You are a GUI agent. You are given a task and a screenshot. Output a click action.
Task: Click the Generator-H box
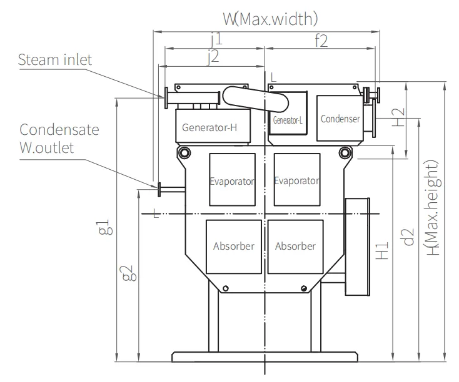click(x=213, y=126)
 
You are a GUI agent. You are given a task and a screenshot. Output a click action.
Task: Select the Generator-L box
click(x=288, y=113)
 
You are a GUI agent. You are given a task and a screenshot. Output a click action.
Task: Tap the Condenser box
click(x=340, y=118)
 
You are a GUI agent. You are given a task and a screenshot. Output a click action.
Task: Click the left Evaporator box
click(x=232, y=180)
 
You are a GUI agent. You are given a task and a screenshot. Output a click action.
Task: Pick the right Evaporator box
click(x=297, y=180)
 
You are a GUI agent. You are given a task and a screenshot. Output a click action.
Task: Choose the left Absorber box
click(x=234, y=247)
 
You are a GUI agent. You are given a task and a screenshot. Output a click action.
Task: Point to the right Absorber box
click(x=295, y=247)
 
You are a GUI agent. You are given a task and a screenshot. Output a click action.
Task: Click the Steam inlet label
click(x=55, y=60)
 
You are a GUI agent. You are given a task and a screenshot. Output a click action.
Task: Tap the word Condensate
click(x=59, y=129)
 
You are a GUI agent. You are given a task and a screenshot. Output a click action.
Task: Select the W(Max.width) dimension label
click(x=270, y=19)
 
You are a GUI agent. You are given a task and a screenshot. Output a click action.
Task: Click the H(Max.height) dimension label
click(x=433, y=207)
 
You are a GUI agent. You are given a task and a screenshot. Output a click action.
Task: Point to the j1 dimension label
click(x=217, y=39)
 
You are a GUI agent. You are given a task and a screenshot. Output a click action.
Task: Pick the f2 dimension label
click(x=321, y=41)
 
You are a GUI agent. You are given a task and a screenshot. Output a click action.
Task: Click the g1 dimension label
click(x=106, y=227)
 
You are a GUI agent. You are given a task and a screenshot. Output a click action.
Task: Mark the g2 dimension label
click(x=129, y=273)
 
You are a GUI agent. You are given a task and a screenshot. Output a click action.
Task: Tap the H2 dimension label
click(x=398, y=117)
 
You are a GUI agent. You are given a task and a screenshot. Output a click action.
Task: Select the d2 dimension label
click(x=407, y=237)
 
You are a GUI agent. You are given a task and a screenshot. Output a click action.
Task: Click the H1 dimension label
click(x=381, y=250)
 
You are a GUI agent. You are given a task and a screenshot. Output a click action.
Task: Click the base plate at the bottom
click(x=265, y=357)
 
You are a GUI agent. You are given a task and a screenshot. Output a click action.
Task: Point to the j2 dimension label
click(x=213, y=57)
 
